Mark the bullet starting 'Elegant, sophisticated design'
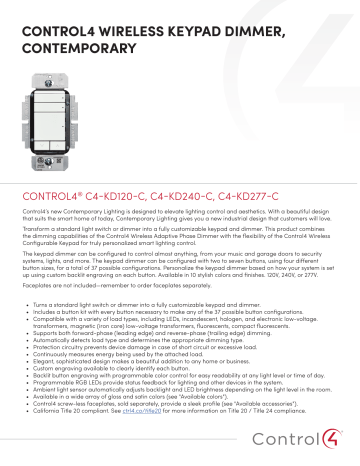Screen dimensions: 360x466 131,359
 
